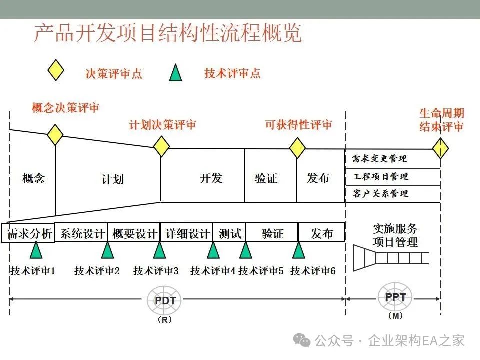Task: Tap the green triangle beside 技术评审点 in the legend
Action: tap(175, 73)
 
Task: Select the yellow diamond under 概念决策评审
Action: tap(55, 134)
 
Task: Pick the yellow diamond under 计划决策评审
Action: tap(161, 146)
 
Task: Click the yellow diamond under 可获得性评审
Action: tap(298, 148)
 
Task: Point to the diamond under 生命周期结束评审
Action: tap(440, 148)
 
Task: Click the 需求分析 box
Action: tap(28, 233)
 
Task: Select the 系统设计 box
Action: tap(81, 233)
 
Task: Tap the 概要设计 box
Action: tap(134, 233)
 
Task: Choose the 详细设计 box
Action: tap(187, 233)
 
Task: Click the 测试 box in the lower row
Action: tap(230, 233)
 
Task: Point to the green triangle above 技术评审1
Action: tap(36, 250)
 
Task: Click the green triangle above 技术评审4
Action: tap(213, 250)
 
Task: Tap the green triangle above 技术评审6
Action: tap(299, 250)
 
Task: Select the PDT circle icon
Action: tap(164, 301)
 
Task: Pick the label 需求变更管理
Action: tap(379, 159)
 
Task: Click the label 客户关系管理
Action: tap(380, 193)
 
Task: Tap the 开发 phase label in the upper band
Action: tap(211, 178)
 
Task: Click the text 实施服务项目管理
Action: tap(395, 235)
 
